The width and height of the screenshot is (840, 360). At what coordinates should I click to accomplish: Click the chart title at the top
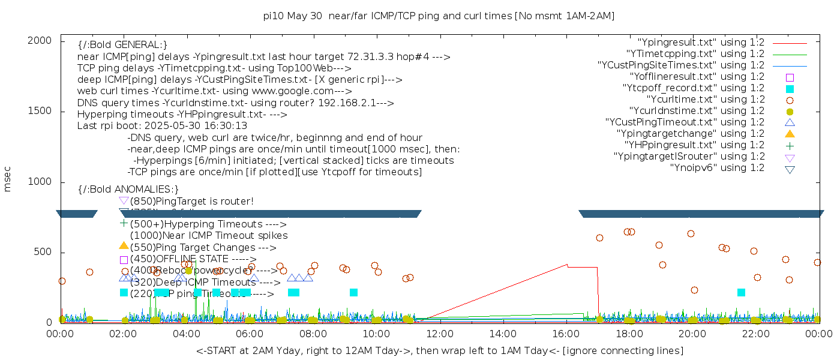pos(439,16)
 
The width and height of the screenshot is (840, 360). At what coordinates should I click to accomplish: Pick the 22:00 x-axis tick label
pos(755,334)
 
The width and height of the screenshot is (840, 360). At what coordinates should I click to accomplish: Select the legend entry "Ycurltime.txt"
pos(705,100)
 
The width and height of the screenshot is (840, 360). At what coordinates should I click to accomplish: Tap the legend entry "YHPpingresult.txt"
pos(695,145)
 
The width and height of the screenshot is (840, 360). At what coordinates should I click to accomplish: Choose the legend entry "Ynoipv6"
pos(717,168)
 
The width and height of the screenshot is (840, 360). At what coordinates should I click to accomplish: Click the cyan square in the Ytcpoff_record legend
pos(790,89)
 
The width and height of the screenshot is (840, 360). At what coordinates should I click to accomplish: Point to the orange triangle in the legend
pos(790,133)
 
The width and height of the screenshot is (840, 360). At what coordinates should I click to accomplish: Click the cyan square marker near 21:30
pos(741,292)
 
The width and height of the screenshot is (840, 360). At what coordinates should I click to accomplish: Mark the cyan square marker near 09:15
pos(353,292)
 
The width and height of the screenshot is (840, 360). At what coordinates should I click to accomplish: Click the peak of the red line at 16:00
pos(567,264)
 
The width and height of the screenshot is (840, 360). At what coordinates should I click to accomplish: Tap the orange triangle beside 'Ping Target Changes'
pos(124,245)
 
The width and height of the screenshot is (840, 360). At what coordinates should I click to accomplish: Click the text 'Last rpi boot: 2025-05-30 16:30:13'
pos(162,126)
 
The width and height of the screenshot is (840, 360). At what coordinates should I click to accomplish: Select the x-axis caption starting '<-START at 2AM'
pos(439,350)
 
